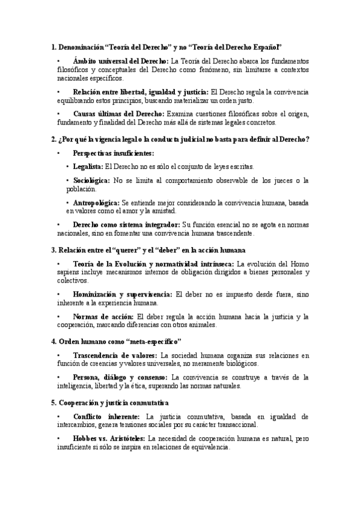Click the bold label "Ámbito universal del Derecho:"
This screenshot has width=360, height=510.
pos(121,61)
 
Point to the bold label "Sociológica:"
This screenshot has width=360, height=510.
pos(91,180)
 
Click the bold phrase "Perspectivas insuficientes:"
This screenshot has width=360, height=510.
pos(113,153)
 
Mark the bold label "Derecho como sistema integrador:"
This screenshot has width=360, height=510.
pos(126,225)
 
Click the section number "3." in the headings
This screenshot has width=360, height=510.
pos(54,250)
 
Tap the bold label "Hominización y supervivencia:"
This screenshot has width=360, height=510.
pos(122,294)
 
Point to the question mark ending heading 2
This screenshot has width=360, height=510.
pos(308,139)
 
